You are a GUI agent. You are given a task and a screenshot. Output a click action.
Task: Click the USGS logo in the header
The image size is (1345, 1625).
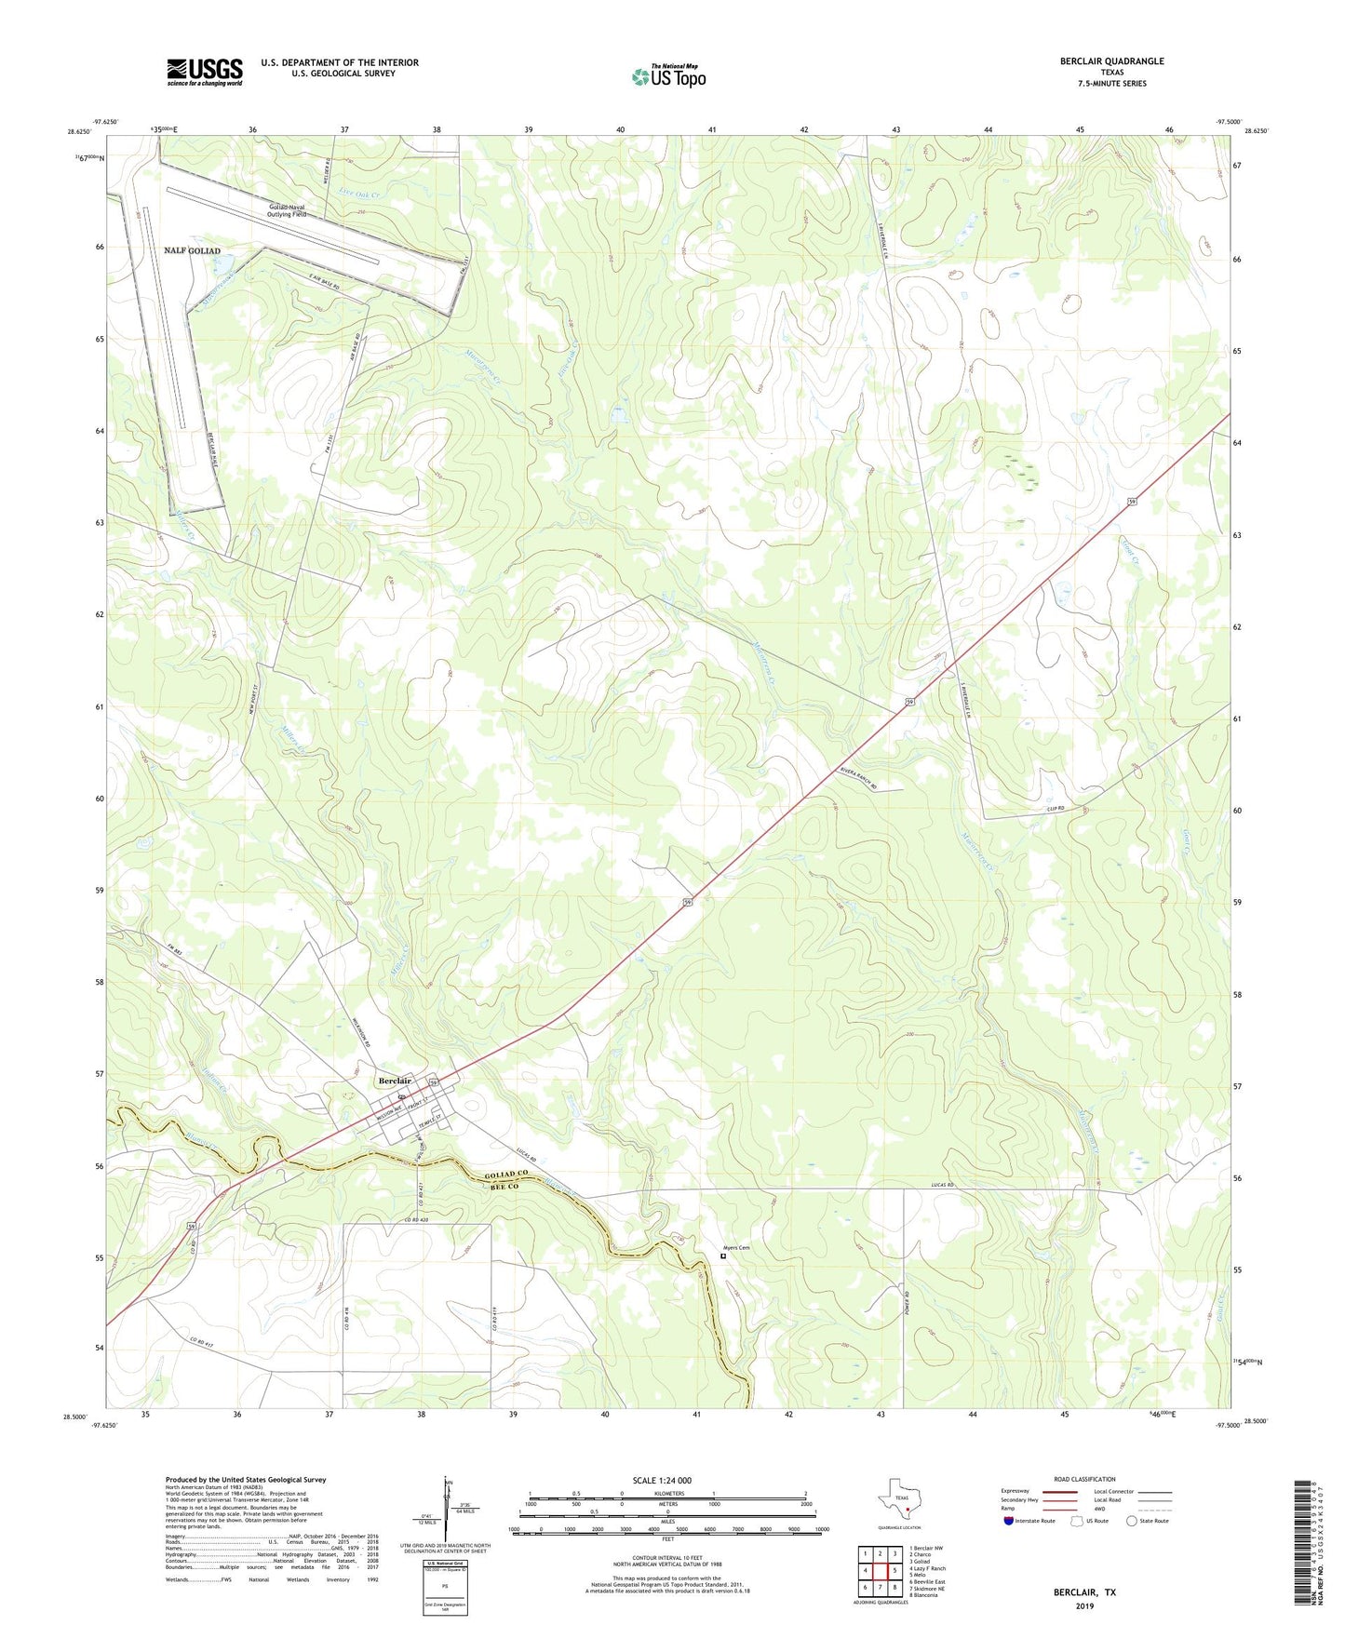coord(205,72)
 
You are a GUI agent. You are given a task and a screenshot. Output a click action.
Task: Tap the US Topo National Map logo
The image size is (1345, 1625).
coord(668,75)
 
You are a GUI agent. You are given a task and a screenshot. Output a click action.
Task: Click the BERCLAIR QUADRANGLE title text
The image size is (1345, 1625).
coord(1111,61)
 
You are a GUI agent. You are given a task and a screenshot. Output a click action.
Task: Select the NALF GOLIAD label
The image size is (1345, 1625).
coord(193,251)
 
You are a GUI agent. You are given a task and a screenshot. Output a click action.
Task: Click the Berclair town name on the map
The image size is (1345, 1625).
coord(395,1081)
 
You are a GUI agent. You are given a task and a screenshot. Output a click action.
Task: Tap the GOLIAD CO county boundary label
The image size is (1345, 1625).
coord(506,1176)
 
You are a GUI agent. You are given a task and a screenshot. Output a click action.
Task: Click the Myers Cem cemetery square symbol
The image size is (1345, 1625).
coord(723,1256)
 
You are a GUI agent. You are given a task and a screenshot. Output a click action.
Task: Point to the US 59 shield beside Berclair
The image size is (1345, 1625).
coord(434,1081)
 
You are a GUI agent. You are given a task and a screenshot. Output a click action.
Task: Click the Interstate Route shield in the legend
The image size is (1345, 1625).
coord(1009,1521)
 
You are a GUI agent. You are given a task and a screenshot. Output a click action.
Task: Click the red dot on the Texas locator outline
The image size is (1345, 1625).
coord(907,1510)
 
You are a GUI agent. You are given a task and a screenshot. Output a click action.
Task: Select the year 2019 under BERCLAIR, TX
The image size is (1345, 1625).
coord(1084,1605)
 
